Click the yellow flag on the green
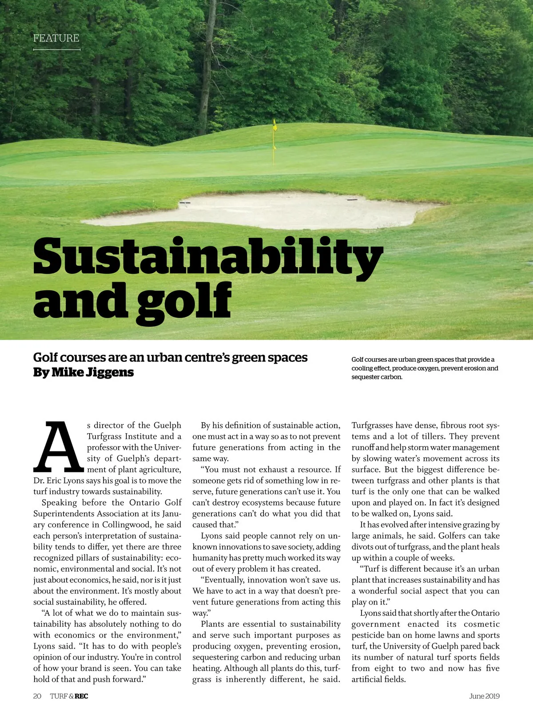tap(275, 126)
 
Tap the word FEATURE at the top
tap(56, 38)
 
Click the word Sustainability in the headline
tap(207, 257)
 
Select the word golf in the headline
tap(184, 301)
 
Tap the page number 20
tap(37, 696)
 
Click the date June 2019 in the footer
tap(484, 696)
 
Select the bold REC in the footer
tap(81, 696)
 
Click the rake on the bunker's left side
tap(185, 203)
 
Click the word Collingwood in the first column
tap(127, 525)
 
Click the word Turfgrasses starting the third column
tap(372, 425)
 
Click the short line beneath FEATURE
tap(56, 50)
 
